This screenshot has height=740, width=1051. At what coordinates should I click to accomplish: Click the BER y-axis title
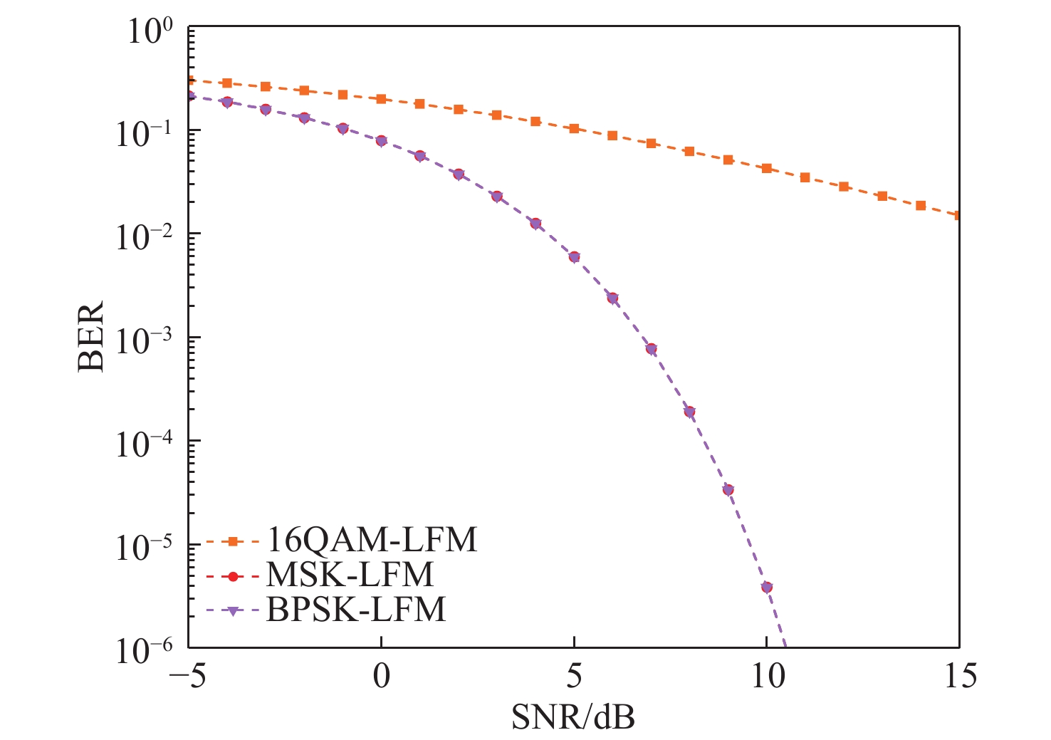tap(91, 336)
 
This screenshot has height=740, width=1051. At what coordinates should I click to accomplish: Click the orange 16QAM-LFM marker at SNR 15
tap(958, 215)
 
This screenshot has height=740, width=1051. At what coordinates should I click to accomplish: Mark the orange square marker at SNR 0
tap(381, 99)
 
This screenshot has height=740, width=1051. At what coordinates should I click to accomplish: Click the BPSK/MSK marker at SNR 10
tap(767, 587)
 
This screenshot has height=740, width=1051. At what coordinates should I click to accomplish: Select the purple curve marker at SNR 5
tap(574, 257)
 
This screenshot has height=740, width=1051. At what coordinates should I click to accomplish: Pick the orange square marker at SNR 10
tap(767, 168)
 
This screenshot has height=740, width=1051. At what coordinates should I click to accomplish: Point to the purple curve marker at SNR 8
tap(689, 412)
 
